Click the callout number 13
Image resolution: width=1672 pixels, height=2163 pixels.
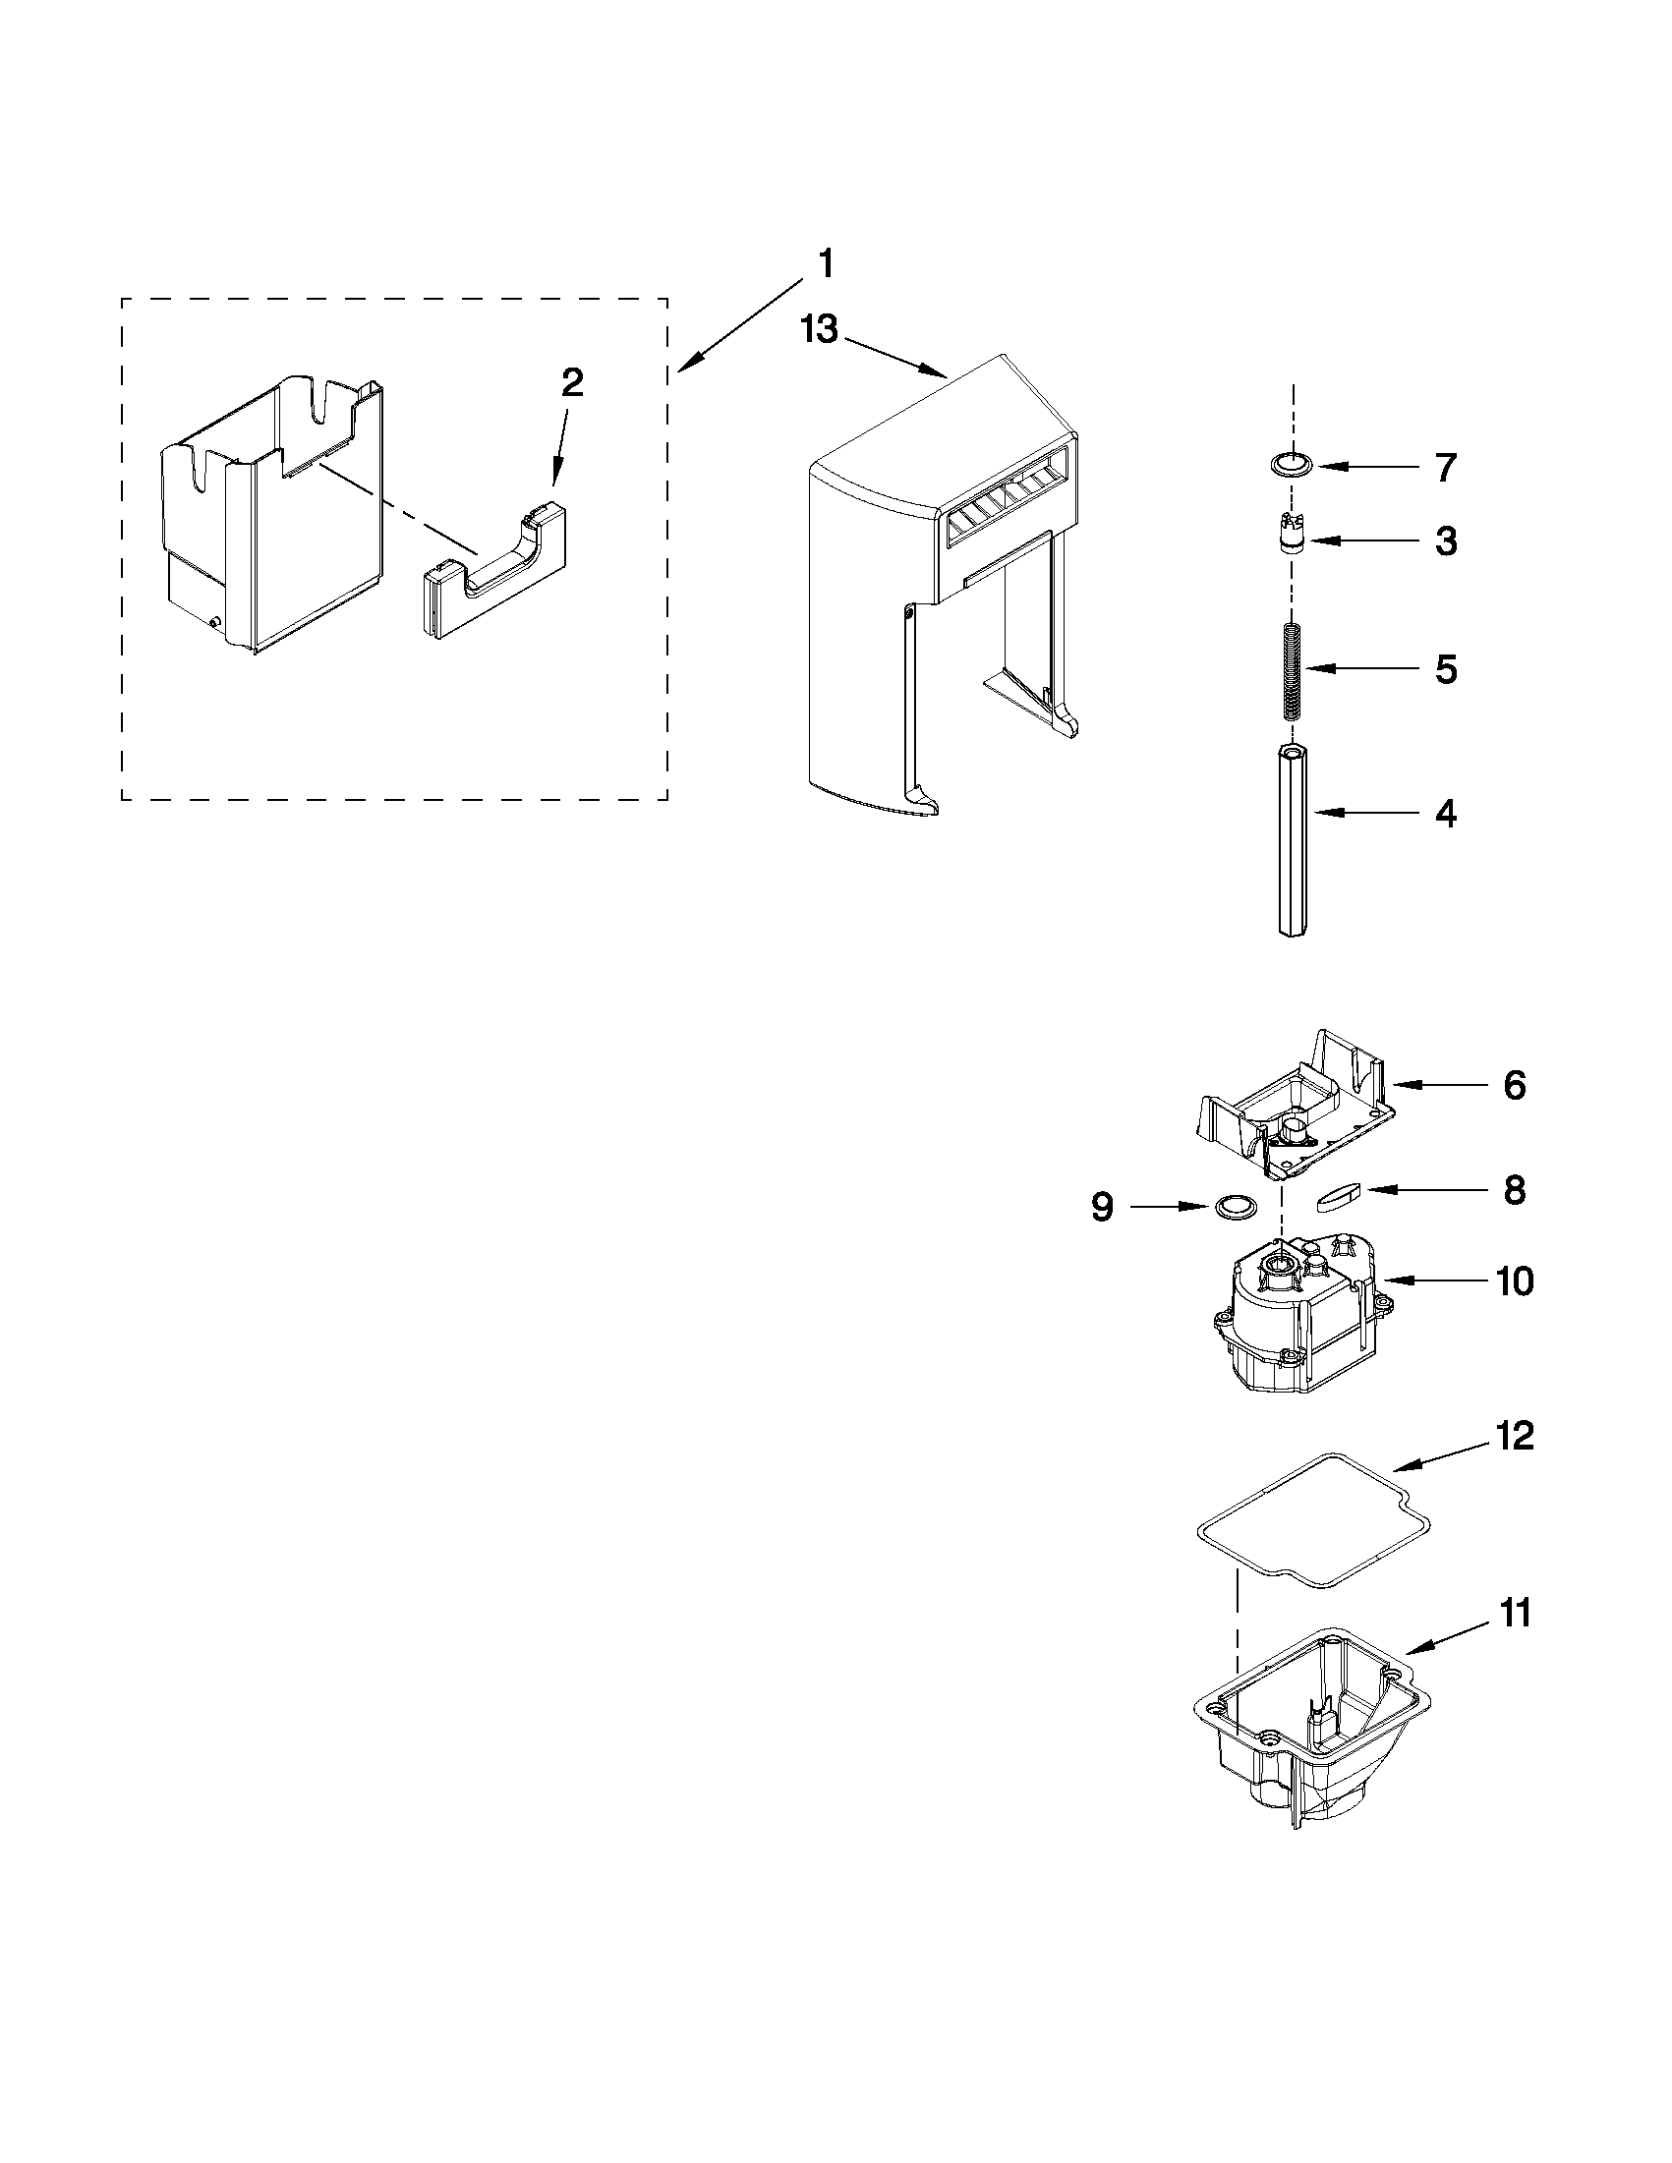coord(819,329)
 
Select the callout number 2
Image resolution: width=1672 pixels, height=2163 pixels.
coord(571,382)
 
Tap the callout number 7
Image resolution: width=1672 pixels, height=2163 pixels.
coord(1445,468)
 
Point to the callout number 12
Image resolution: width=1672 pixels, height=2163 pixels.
coord(1515,1436)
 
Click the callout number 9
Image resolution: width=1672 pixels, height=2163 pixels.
coord(1103,1207)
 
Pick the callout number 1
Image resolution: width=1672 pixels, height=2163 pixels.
coord(824,265)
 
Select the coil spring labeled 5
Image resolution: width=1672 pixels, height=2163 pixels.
coord(1292,670)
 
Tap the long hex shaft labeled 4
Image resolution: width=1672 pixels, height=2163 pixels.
coord(1292,842)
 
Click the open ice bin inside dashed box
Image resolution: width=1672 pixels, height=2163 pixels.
coord(272,515)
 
